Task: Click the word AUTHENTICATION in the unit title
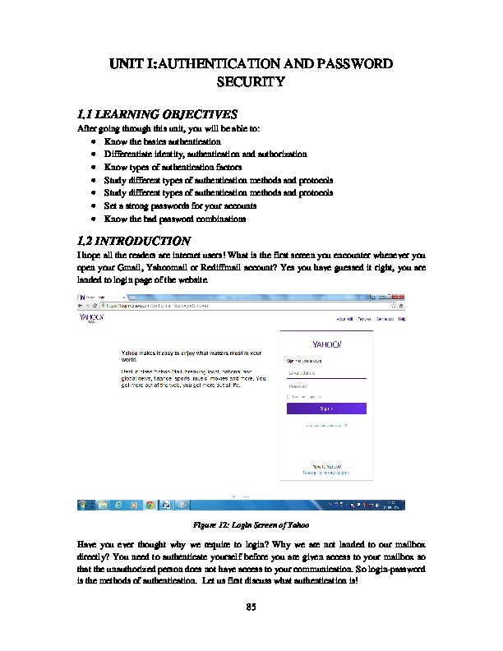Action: [x=216, y=63]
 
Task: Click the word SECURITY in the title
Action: [x=251, y=82]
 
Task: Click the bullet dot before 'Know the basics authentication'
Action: [x=95, y=142]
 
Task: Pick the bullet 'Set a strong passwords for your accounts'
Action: [x=180, y=205]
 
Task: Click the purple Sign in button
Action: [x=326, y=409]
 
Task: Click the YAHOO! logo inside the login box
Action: [x=326, y=343]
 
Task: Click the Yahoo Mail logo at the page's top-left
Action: [x=90, y=317]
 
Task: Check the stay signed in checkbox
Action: [x=288, y=396]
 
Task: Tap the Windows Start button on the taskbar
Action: [x=85, y=504]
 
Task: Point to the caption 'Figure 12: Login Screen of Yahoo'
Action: [x=251, y=524]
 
